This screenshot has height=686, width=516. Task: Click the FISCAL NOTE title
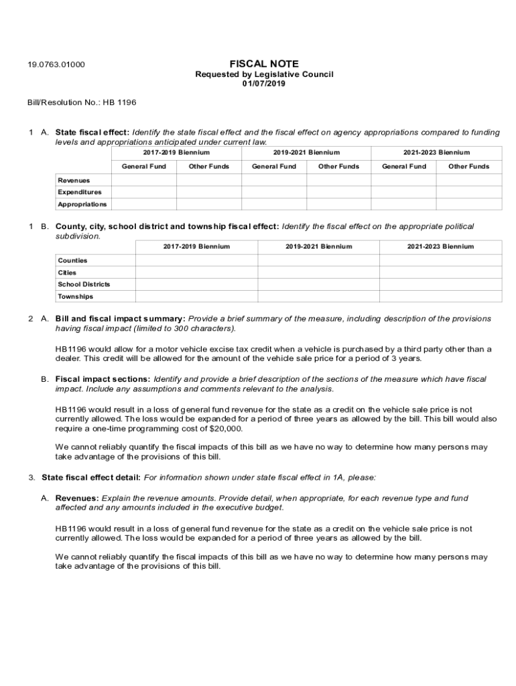pos(263,64)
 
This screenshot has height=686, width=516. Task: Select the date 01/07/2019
pos(263,84)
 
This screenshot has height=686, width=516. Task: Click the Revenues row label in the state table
pos(74,180)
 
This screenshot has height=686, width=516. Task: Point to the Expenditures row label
pos(80,192)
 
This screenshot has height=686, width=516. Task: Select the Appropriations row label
pos(82,204)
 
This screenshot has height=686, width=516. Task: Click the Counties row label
pos(72,260)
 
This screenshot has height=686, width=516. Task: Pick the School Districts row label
pos(84,284)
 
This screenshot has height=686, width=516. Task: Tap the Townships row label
pos(75,296)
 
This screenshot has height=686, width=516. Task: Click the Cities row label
pos(67,273)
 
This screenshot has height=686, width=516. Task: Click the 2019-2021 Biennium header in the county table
pos(318,247)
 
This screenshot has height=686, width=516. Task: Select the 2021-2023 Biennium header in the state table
pos(436,153)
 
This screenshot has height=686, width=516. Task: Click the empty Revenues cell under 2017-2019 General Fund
pos(143,180)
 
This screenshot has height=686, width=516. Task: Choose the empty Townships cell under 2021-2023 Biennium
pos(440,296)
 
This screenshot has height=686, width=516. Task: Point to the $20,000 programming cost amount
pos(226,429)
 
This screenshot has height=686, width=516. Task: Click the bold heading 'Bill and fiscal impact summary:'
pos(120,318)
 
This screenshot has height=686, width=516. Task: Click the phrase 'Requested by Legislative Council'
pos(263,74)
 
